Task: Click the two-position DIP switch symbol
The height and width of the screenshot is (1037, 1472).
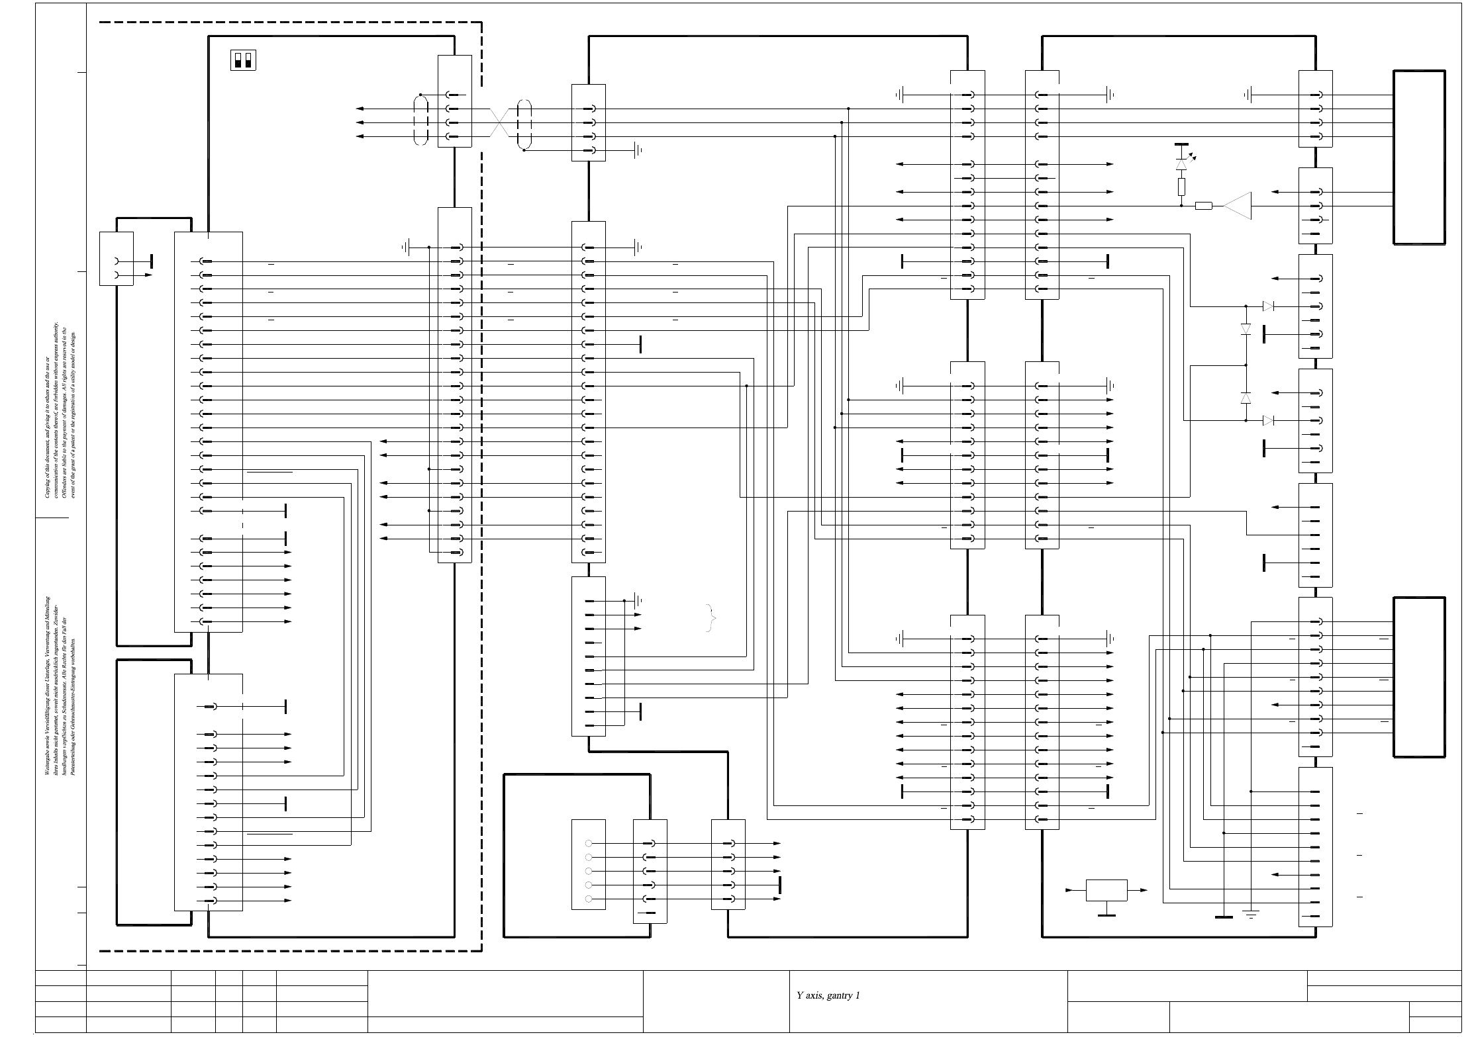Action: click(x=244, y=60)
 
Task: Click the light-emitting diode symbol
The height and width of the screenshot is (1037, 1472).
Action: click(x=1181, y=163)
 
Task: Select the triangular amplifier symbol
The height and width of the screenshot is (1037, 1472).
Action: click(x=1237, y=206)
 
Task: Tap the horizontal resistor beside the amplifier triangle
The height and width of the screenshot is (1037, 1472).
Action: click(x=1204, y=206)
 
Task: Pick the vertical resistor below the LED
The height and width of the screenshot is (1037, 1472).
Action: click(x=1181, y=186)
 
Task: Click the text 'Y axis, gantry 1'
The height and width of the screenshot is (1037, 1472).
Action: click(x=828, y=995)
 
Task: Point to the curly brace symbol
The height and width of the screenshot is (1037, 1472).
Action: click(x=712, y=619)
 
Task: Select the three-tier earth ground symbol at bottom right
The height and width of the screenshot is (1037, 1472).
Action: click(x=1251, y=915)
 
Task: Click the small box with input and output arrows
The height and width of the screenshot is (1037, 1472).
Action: click(x=1106, y=890)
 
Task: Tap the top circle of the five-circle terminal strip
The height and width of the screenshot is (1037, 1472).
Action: click(x=589, y=844)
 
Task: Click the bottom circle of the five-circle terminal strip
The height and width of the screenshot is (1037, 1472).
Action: click(x=589, y=899)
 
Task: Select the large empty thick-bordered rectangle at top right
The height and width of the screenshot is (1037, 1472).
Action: click(x=1419, y=158)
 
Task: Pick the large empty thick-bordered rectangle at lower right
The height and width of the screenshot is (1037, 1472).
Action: click(x=1419, y=677)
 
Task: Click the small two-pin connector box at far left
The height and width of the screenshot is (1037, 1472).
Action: click(x=116, y=259)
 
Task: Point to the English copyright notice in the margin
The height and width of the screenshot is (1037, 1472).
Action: click(x=60, y=410)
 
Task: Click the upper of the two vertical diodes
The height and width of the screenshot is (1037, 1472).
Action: click(x=1246, y=329)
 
